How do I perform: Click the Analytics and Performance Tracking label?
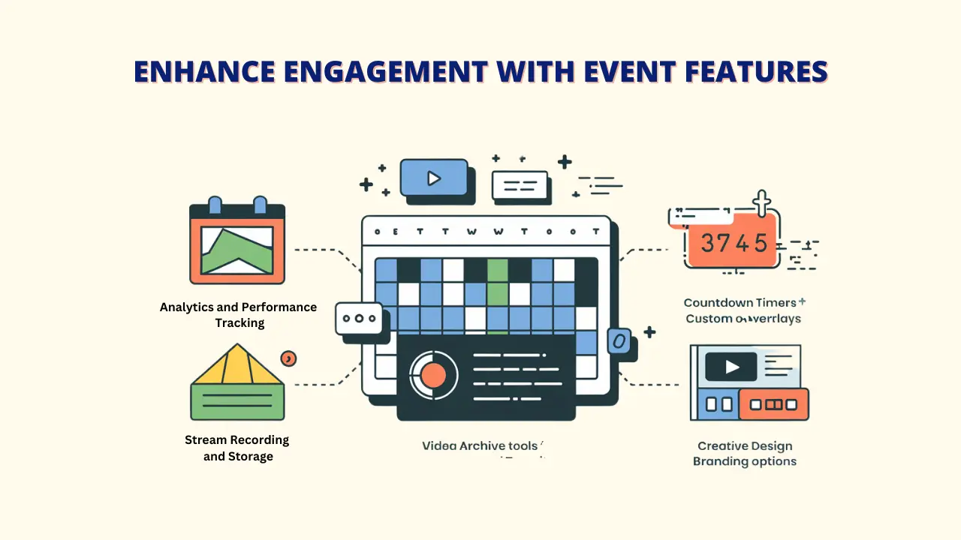tap(239, 315)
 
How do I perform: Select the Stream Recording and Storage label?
tap(237, 448)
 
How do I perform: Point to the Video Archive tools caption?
tap(480, 445)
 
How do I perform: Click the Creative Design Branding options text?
tap(744, 454)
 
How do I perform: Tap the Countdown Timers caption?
tap(741, 303)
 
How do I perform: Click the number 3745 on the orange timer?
tap(734, 242)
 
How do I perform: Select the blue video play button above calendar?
tap(432, 178)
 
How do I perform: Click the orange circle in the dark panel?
tap(433, 373)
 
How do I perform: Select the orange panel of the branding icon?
tap(773, 404)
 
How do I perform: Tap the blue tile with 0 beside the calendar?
tap(619, 341)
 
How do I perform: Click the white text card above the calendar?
tap(519, 184)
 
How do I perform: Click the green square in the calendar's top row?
tap(497, 269)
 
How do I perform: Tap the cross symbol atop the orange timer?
tap(762, 203)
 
